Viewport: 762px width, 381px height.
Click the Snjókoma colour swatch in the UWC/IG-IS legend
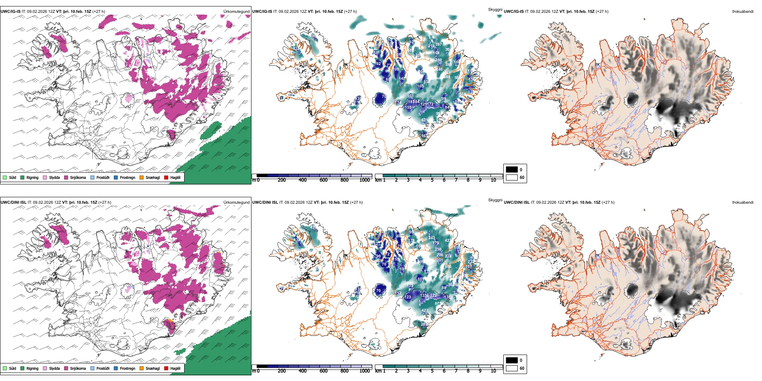tap(66, 177)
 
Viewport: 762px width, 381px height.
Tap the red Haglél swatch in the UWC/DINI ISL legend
tap(166, 368)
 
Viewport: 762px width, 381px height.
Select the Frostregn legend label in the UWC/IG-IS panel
tap(127, 177)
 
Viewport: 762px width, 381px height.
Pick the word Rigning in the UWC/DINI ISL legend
tap(32, 368)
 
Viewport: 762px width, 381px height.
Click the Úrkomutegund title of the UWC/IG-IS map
tap(237, 12)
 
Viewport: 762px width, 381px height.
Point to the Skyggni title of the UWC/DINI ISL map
tap(495, 200)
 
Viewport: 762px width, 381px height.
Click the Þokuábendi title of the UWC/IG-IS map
tap(743, 12)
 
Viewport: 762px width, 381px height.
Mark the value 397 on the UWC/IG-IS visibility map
tap(438, 45)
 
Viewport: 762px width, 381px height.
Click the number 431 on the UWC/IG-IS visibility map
tap(425, 120)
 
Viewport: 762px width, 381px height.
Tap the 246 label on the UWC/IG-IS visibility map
tap(440, 69)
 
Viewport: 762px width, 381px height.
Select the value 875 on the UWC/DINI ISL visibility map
tap(438, 304)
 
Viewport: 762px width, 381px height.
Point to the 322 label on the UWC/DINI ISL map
tap(433, 296)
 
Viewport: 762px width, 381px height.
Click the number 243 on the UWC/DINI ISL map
tap(432, 238)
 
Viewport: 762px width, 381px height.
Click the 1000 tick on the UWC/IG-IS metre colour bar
tap(365, 180)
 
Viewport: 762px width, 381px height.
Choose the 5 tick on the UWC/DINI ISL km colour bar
tap(432, 371)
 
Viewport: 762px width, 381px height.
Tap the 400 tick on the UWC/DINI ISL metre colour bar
tap(302, 371)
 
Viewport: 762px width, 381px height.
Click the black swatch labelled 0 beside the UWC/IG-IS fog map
tap(512, 169)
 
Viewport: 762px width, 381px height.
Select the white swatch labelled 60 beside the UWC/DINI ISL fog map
tap(512, 368)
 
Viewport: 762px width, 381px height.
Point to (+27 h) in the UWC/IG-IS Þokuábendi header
tap(602, 12)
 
